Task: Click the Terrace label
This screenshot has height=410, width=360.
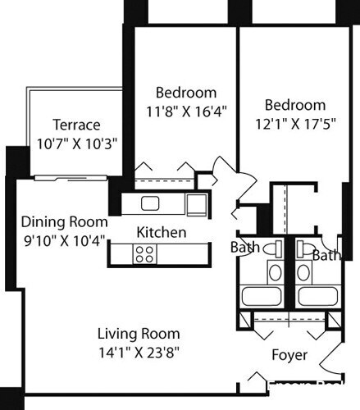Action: coord(76,125)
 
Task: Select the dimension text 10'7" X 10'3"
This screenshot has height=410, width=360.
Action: coord(77,141)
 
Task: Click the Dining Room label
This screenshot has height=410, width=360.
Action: coord(64,221)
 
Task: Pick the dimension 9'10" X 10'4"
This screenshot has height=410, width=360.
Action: coord(64,239)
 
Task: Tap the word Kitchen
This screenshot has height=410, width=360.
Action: coord(161,232)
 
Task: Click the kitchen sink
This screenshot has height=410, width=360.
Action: coord(149,203)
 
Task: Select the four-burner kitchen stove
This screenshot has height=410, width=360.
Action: coord(145,254)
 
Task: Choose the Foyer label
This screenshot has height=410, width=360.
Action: coord(289,355)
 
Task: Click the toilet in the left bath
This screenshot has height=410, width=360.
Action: coord(276,248)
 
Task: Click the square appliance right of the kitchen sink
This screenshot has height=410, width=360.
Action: coord(195,203)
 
